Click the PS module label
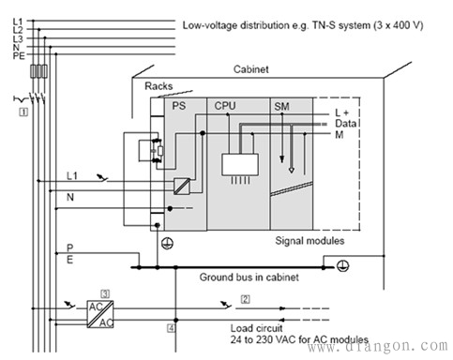pyautogui.click(x=179, y=106)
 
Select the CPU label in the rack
pyautogui.click(x=225, y=106)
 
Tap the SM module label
pyautogui.click(x=281, y=107)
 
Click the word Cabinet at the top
pyautogui.click(x=250, y=69)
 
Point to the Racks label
pyautogui.click(x=159, y=86)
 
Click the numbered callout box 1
pyautogui.click(x=23, y=112)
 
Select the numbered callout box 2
pyautogui.click(x=246, y=299)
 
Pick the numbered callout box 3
pyautogui.click(x=105, y=294)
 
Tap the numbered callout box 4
pyautogui.click(x=171, y=328)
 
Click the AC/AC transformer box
pyautogui.click(x=100, y=314)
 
